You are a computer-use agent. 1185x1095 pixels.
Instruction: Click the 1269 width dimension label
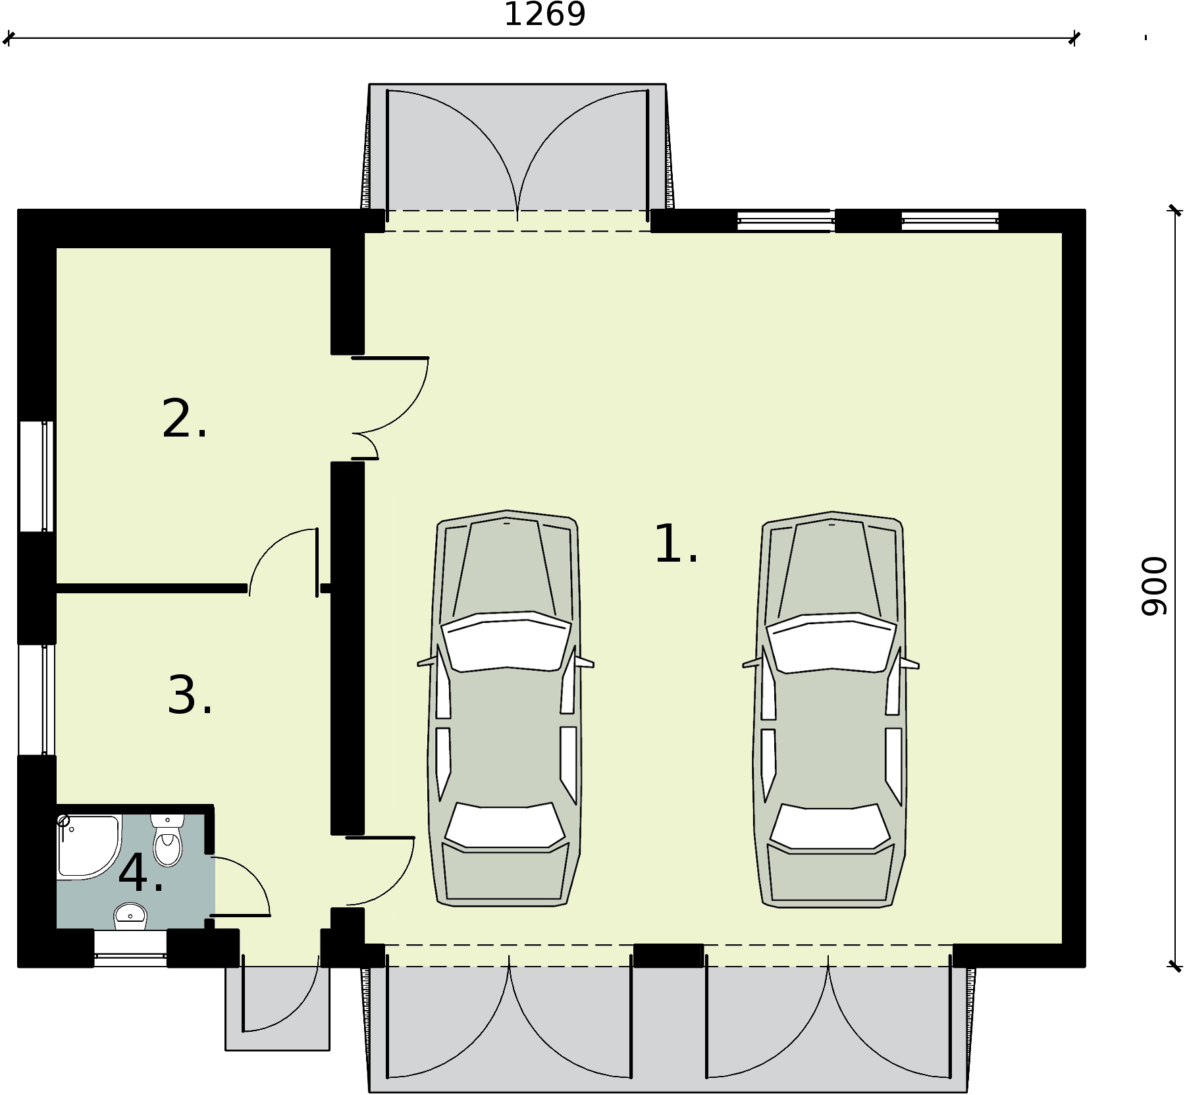[544, 14]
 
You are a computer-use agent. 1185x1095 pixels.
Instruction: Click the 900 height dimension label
[1153, 586]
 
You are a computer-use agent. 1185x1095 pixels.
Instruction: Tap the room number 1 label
[675, 545]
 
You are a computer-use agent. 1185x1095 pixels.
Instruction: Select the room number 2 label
[184, 420]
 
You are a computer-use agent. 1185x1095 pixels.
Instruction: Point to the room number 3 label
[189, 696]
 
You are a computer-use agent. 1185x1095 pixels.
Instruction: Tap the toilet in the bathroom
[167, 843]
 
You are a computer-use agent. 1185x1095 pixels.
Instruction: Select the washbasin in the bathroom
[130, 915]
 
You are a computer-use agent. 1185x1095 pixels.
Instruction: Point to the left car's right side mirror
[585, 662]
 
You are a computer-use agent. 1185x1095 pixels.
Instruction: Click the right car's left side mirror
[752, 664]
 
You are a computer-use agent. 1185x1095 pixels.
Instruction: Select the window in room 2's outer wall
[36, 475]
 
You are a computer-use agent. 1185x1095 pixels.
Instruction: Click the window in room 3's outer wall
[36, 699]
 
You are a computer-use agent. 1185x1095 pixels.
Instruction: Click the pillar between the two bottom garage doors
[668, 955]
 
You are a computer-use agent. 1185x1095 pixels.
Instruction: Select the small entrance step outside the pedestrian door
[277, 1007]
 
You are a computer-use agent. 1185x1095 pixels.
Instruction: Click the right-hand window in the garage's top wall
[949, 221]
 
